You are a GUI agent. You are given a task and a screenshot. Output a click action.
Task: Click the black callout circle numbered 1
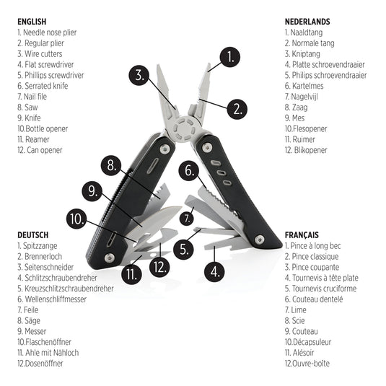pos(229,57)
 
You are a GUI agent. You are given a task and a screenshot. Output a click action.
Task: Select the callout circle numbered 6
pos(189,172)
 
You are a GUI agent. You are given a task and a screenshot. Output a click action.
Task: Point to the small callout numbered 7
pos(187,217)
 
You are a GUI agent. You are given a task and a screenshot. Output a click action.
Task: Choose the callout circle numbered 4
pos(214,272)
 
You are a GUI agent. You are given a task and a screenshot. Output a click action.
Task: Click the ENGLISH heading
pos(33,21)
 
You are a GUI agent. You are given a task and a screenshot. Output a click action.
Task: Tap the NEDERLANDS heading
pos(307,21)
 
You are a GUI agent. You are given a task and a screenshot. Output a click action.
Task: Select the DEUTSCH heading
pos(33,234)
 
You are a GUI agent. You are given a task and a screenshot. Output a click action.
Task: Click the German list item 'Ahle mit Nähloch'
pos(48,353)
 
